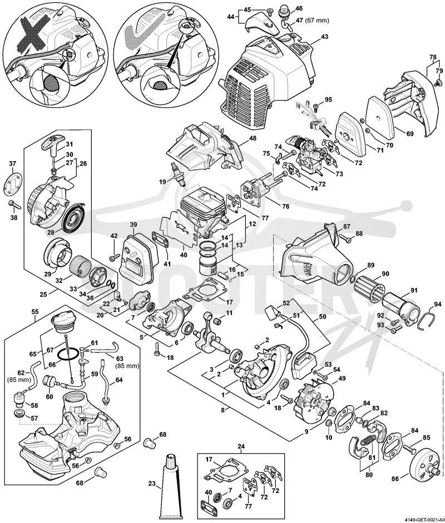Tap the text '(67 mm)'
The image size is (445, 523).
(x=317, y=21)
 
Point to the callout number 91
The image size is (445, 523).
(x=414, y=290)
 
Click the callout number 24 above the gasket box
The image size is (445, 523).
(x=241, y=446)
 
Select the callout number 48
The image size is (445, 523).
(x=253, y=138)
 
